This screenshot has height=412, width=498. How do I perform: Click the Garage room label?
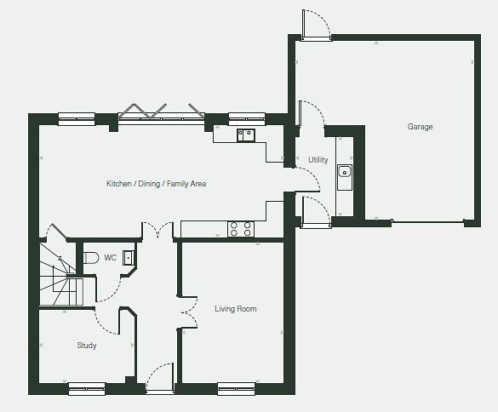(x=420, y=127)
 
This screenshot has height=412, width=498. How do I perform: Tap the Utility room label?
(x=318, y=160)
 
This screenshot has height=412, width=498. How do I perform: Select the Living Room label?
(x=235, y=309)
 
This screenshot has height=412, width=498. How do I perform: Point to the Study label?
(x=87, y=346)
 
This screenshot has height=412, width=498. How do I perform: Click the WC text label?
(x=110, y=258)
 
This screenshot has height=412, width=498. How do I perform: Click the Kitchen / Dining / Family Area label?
(x=157, y=184)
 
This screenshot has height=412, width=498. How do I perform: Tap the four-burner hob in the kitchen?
(x=241, y=229)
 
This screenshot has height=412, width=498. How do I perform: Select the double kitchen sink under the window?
(x=246, y=135)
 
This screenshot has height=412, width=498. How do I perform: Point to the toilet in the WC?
(x=91, y=258)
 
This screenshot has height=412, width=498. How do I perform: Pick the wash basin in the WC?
(x=129, y=258)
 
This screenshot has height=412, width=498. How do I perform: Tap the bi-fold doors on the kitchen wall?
(x=162, y=112)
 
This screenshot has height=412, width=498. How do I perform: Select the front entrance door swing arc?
(x=155, y=369)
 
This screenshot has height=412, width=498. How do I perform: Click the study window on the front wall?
(x=87, y=389)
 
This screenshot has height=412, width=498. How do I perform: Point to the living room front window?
(x=237, y=389)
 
